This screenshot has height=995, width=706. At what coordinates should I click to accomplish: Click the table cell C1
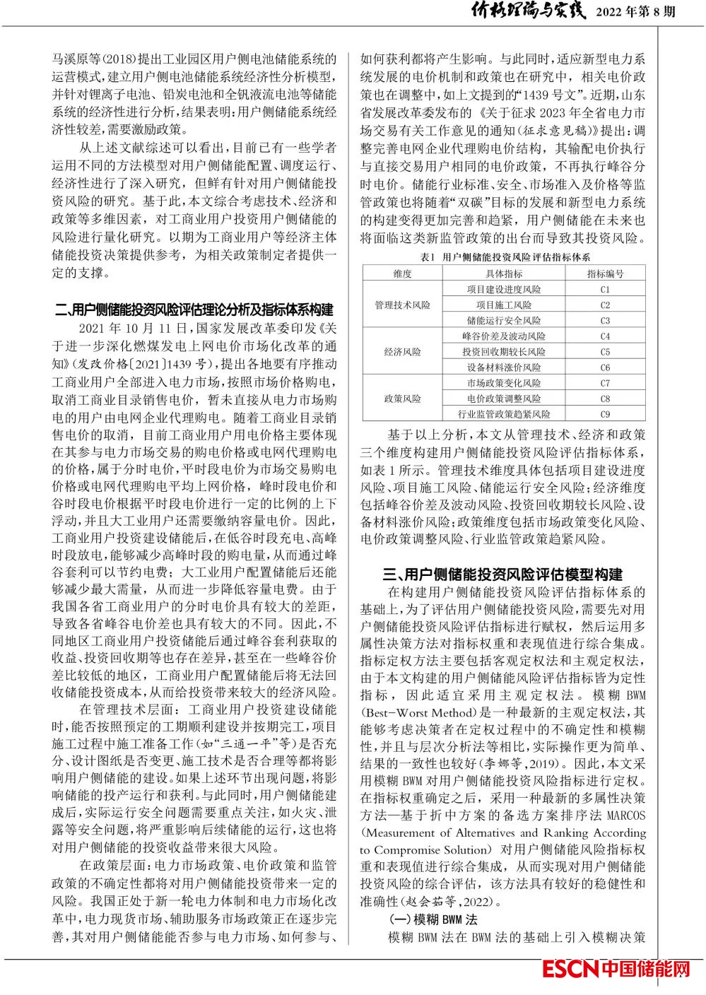[605, 290]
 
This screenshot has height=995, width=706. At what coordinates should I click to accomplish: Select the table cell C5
[605, 352]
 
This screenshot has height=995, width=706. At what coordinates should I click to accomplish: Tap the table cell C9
[605, 414]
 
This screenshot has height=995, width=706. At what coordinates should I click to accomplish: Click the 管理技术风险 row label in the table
[402, 305]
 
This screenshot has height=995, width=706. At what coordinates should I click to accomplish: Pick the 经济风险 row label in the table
[402, 352]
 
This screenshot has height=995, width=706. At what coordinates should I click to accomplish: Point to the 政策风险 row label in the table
[402, 399]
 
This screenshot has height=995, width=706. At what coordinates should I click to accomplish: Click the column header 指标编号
[605, 273]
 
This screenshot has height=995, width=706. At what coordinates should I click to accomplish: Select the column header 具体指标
[504, 273]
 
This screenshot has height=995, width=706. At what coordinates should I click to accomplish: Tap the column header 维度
[402, 273]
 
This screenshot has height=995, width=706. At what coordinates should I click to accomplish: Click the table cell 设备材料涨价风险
[504, 367]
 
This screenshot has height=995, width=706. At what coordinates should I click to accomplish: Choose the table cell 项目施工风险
[504, 305]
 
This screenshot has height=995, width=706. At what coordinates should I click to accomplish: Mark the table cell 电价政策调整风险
[504, 399]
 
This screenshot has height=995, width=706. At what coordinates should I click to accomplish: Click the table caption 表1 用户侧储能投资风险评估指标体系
[504, 258]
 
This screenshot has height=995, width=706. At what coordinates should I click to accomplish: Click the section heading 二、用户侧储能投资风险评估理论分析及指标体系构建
[194, 310]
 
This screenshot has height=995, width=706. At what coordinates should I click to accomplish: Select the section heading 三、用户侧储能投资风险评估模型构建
[502, 574]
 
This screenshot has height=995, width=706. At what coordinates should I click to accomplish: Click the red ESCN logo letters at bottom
[570, 969]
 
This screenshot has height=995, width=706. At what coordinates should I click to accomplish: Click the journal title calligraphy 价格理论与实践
[520, 11]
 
